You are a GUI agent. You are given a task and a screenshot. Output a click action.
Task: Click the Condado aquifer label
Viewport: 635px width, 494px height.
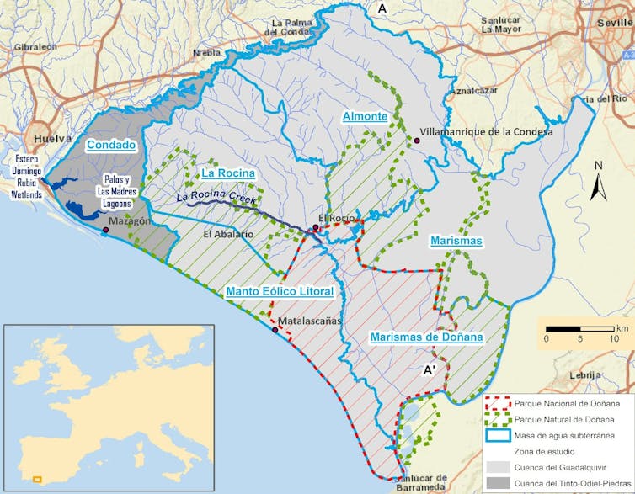(x=111, y=145)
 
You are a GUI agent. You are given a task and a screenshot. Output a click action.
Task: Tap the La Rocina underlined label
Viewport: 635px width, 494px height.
(x=228, y=173)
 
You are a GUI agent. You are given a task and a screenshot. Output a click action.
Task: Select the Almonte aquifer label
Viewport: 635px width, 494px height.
(x=365, y=116)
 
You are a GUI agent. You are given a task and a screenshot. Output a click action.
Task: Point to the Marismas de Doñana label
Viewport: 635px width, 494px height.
(x=427, y=337)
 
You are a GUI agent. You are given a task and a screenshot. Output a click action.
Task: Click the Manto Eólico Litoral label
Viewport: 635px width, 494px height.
(x=280, y=292)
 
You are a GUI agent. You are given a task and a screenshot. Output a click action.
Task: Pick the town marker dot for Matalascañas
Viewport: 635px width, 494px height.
(x=275, y=330)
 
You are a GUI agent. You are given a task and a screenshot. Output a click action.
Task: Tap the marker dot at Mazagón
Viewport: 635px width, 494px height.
(x=105, y=230)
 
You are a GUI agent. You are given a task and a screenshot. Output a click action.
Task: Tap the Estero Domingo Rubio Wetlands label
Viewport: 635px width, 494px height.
(x=25, y=171)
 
